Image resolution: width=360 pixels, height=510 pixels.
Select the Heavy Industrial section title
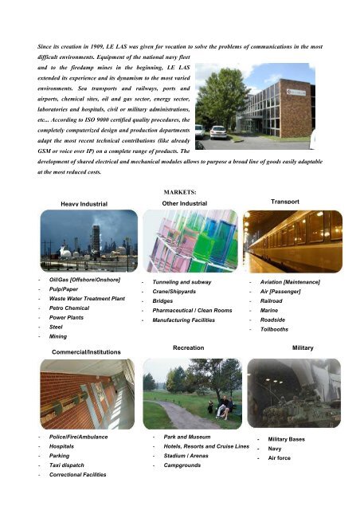[78, 205]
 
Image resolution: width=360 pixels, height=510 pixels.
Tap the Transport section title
[285, 202]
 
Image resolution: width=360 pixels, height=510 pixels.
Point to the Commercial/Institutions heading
[86, 351]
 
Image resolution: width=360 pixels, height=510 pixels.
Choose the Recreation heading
[188, 348]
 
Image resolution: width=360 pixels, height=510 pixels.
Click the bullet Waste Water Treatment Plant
[87, 298]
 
